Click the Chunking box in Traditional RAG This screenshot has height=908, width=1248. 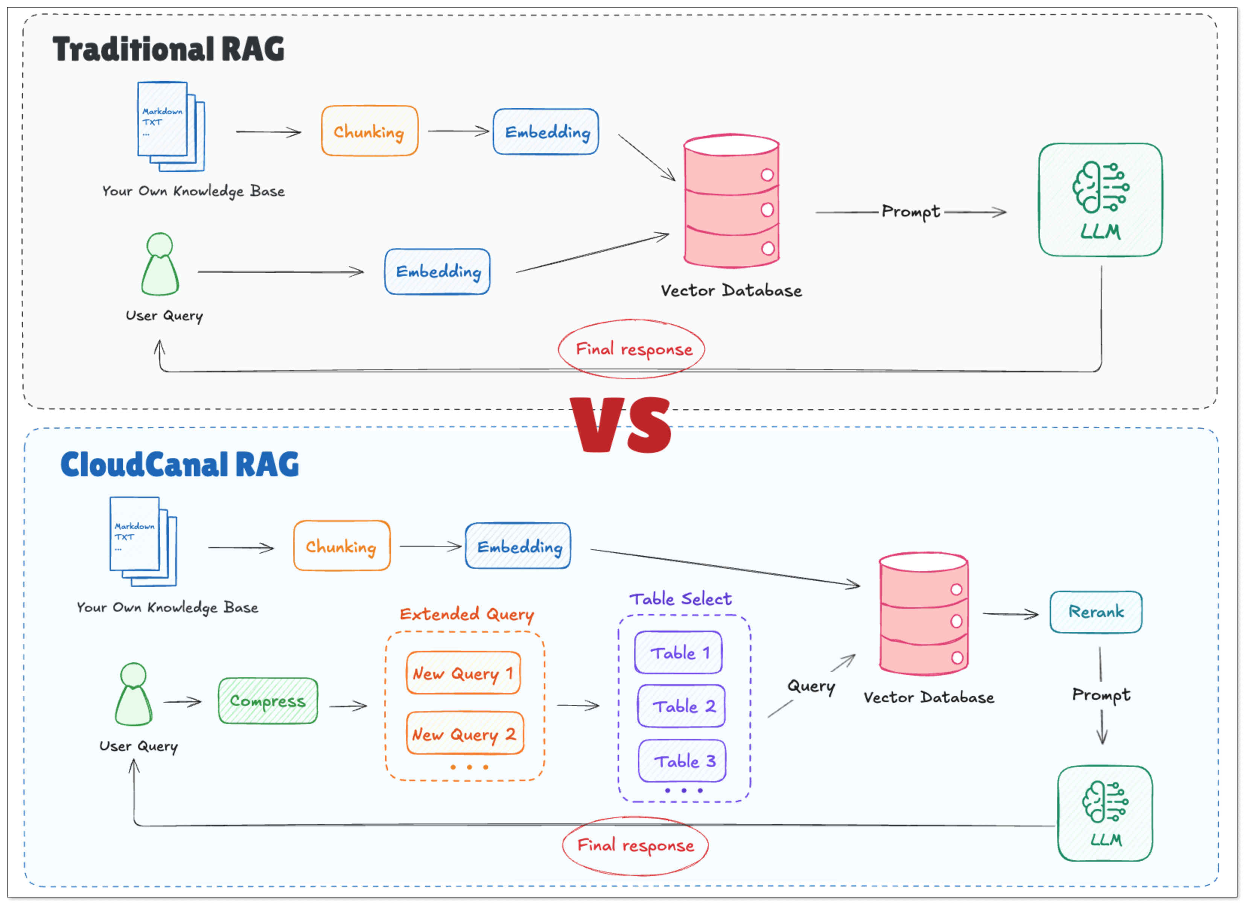click(369, 131)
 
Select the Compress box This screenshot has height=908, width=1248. click(268, 701)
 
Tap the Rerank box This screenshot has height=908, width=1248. click(1096, 612)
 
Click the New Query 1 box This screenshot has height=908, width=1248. click(463, 673)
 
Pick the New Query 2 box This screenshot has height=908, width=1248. click(464, 734)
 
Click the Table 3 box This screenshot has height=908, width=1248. click(682, 761)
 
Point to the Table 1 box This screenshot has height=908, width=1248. click(679, 653)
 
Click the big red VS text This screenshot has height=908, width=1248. click(621, 425)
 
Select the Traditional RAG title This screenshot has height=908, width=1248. click(168, 49)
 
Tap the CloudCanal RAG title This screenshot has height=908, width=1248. click(180, 465)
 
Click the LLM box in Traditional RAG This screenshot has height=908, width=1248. click(1100, 200)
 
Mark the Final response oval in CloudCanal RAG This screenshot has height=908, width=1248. click(635, 845)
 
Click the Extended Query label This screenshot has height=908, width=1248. click(467, 614)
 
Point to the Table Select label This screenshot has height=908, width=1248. click(680, 599)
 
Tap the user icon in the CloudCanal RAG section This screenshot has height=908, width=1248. click(134, 695)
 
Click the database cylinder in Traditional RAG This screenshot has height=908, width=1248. click(731, 201)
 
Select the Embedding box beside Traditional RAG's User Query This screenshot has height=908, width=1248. click(437, 271)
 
